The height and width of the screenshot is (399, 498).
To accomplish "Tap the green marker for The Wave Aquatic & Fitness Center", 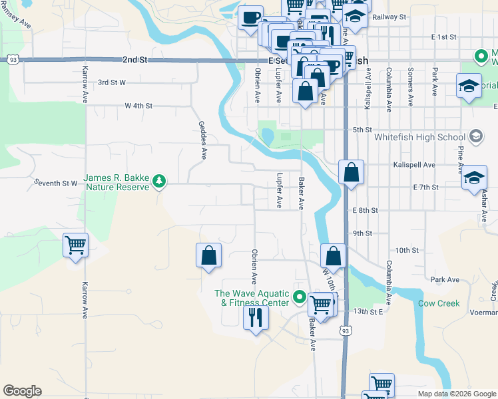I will point(300,297).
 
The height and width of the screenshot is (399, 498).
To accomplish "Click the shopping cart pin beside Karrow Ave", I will point(75,245).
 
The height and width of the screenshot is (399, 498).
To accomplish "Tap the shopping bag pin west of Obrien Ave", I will point(208,255).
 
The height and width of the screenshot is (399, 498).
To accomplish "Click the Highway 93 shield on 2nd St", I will point(12,60).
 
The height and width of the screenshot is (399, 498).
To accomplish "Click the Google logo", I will point(22,391).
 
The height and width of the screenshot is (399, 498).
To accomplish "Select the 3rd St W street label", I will point(112,82).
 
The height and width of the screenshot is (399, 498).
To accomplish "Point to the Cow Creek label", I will point(439,303).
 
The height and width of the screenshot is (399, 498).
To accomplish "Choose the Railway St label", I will point(389,17).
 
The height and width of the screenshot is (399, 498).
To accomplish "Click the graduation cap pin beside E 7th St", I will point(474,177).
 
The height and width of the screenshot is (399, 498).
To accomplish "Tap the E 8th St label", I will point(366,210).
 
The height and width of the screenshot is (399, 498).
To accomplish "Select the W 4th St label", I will point(138,106).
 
